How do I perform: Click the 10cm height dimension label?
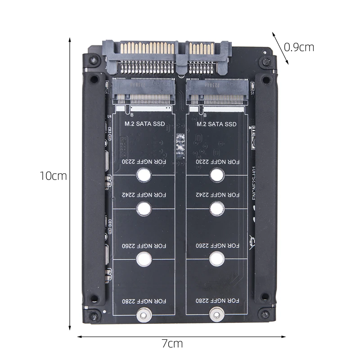click(x=53, y=176)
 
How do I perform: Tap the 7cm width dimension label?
click(x=172, y=344)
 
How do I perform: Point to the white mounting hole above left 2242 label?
click(x=144, y=174)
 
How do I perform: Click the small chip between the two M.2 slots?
click(x=181, y=146)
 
